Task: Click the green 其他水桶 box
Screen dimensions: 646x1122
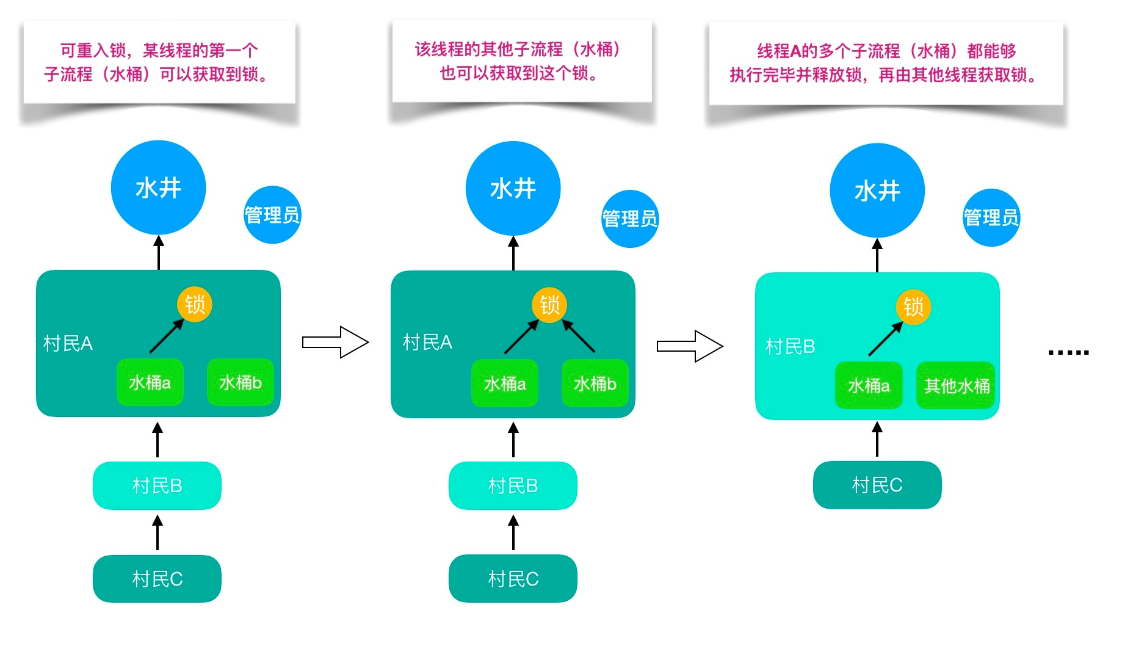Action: click(x=956, y=385)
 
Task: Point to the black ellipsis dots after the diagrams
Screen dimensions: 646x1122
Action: click(x=1068, y=352)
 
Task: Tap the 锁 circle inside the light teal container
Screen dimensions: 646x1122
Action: click(x=913, y=307)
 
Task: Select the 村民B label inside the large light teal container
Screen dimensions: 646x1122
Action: click(x=790, y=347)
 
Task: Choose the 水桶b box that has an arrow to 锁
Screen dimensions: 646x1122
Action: click(x=595, y=383)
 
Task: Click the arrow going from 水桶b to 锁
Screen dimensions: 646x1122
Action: click(x=578, y=336)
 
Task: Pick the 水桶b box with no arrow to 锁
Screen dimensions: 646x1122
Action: click(x=240, y=382)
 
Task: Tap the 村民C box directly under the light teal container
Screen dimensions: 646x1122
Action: click(x=877, y=485)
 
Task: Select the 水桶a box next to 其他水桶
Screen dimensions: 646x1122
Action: click(x=868, y=385)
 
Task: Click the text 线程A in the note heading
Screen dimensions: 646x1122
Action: click(x=778, y=51)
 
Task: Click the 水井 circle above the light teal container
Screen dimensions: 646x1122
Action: click(x=877, y=191)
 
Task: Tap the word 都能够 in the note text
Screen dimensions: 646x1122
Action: click(x=991, y=51)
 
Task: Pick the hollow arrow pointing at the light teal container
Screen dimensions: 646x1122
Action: click(x=690, y=346)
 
